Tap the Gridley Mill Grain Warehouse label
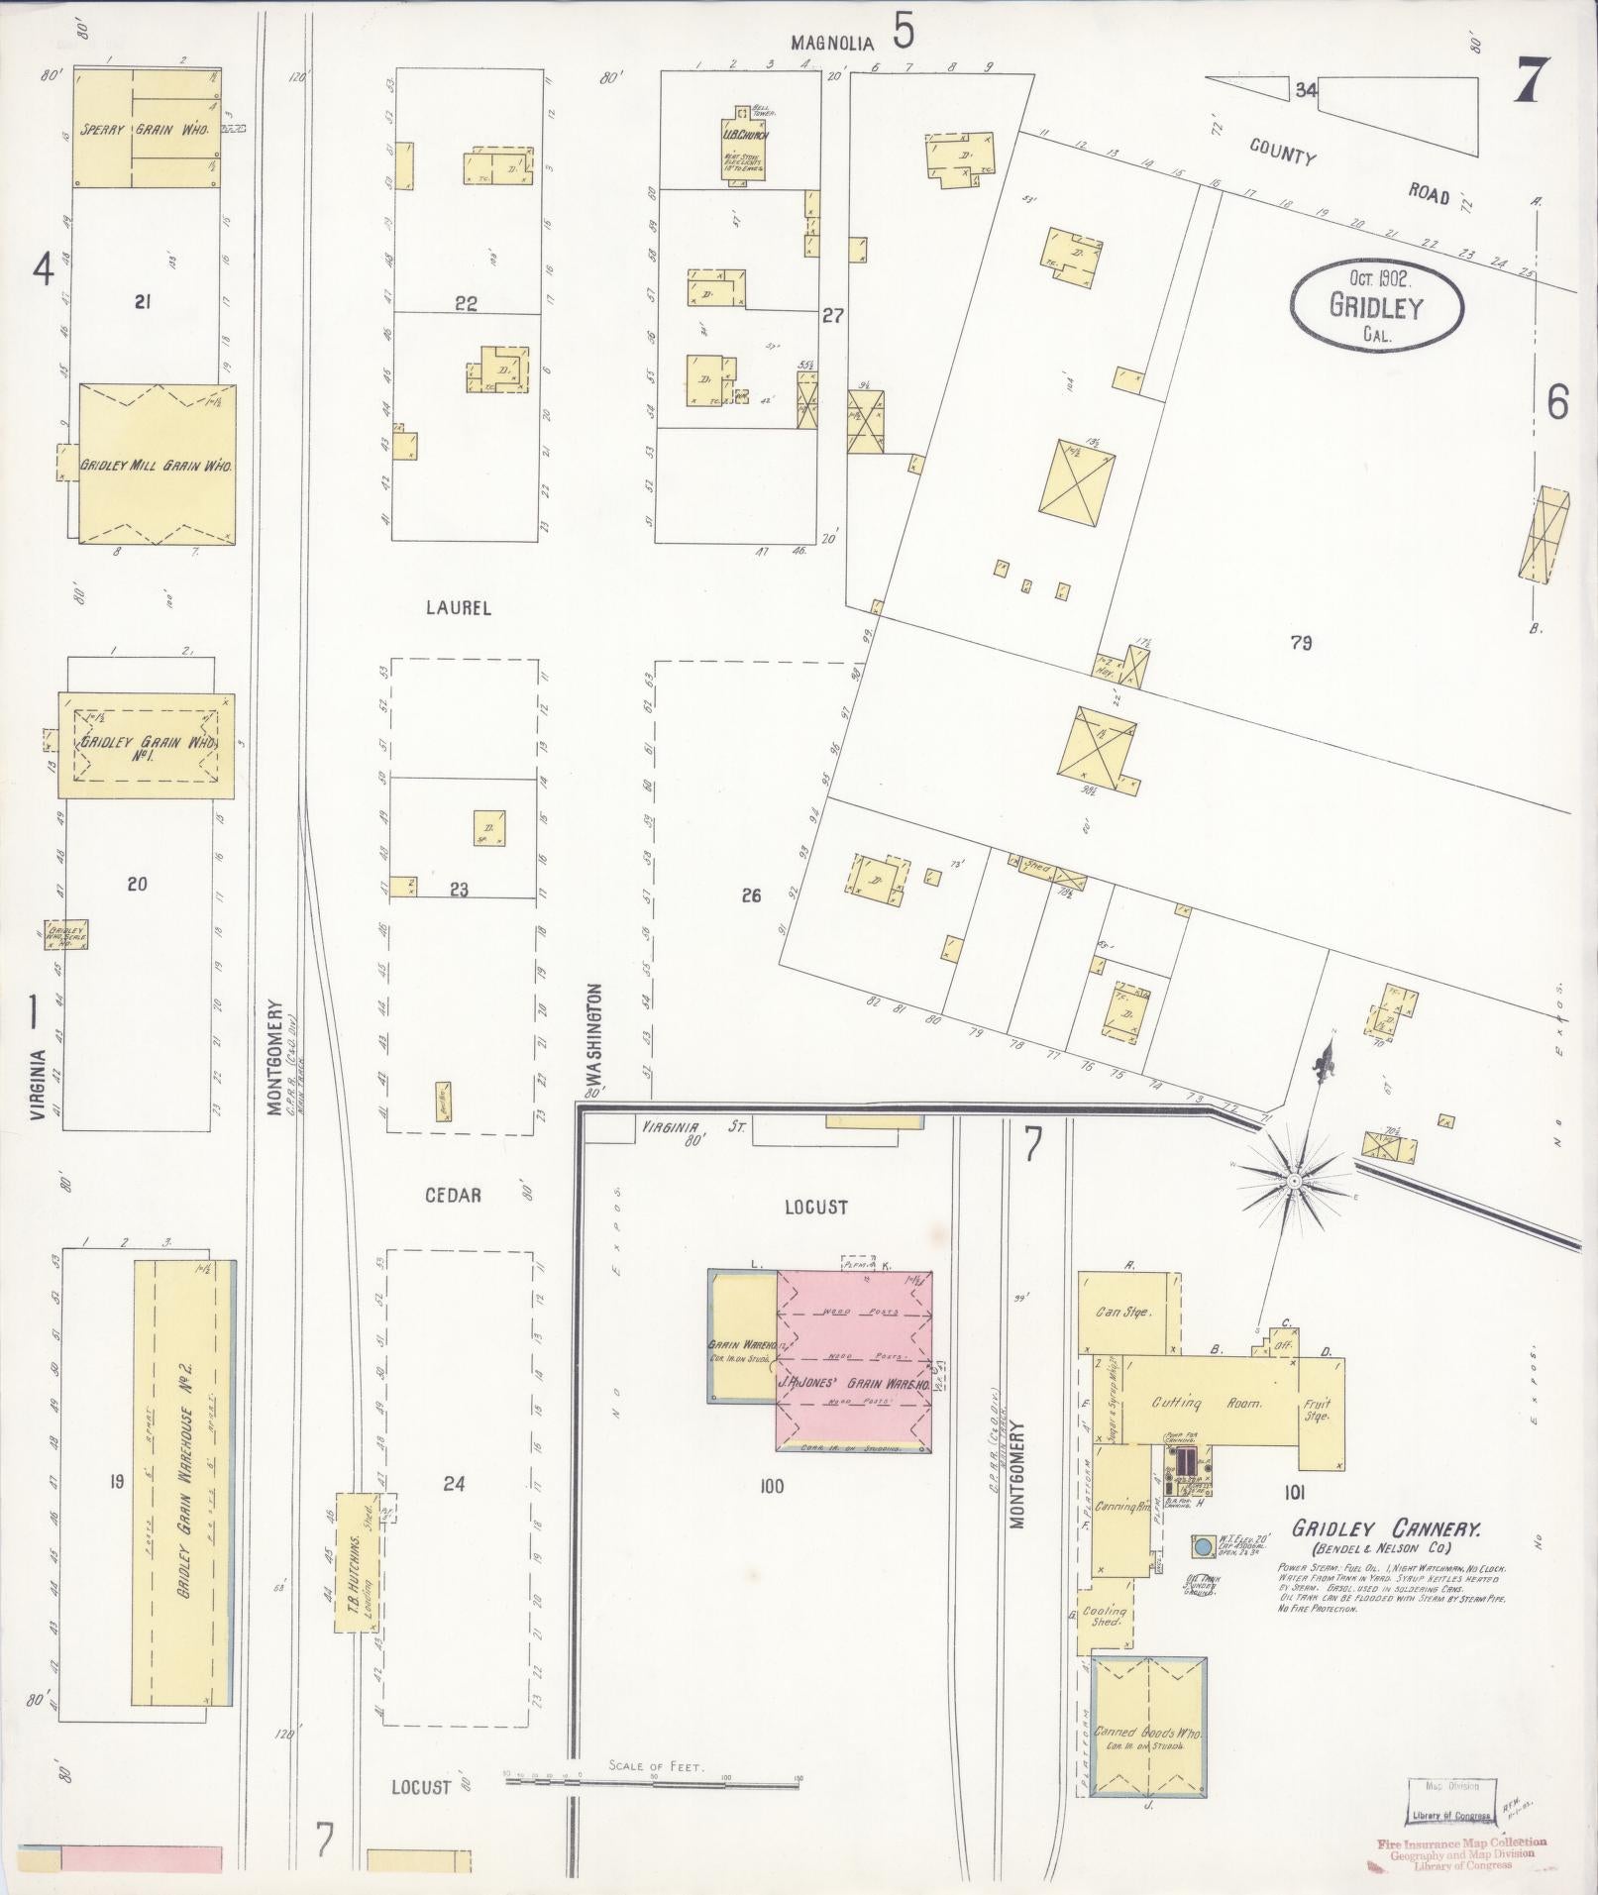click(x=157, y=465)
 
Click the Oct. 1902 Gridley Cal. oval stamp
click(x=1377, y=306)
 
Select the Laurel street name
click(x=458, y=608)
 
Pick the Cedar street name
click(x=453, y=1196)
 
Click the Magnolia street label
click(x=833, y=43)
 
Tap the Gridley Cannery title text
click(x=1386, y=1556)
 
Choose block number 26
click(x=751, y=896)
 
